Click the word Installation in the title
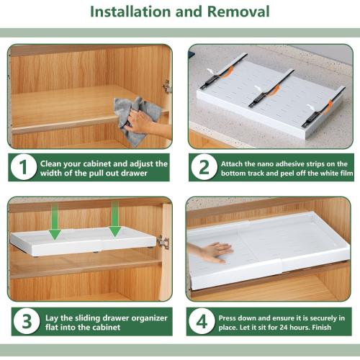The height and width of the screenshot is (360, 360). click(130, 12)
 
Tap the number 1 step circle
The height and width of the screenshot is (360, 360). click(24, 167)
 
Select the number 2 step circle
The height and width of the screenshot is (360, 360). click(204, 167)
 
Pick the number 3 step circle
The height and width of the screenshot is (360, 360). click(27, 321)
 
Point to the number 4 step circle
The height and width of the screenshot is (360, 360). click(202, 321)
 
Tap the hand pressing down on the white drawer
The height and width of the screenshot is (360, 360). click(211, 252)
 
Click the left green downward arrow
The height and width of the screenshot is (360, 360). click(55, 221)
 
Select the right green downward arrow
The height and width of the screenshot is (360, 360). click(115, 220)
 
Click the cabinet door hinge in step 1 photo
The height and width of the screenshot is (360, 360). click(167, 86)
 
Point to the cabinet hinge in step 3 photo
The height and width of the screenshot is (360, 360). click(163, 242)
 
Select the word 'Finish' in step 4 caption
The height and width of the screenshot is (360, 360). click(321, 328)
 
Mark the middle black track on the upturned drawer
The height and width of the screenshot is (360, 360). click(271, 89)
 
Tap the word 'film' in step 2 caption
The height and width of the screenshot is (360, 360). click(347, 173)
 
